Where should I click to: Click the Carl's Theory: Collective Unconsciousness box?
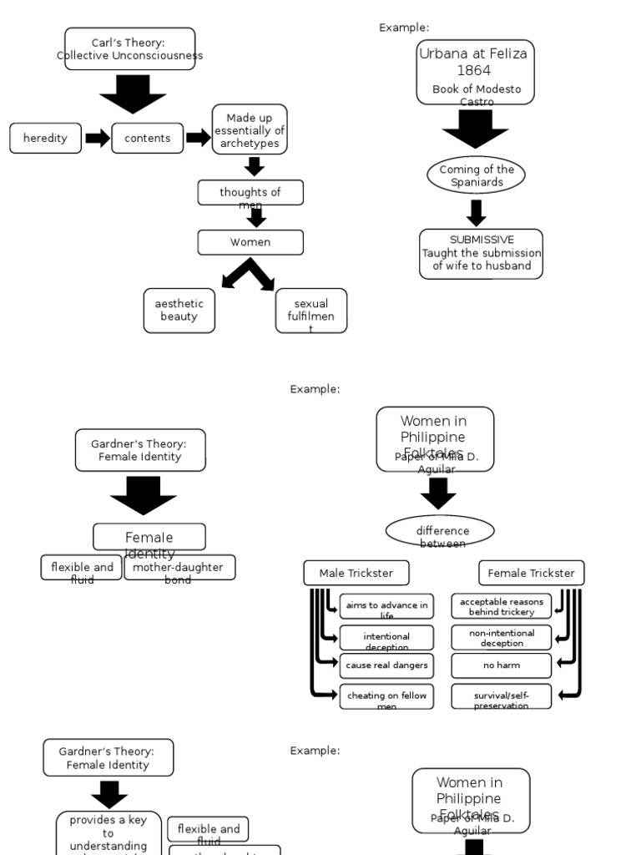pyautogui.click(x=129, y=48)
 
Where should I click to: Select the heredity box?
pyautogui.click(x=45, y=139)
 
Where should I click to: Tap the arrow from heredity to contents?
pyautogui.click(x=97, y=139)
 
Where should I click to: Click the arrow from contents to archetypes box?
pyautogui.click(x=198, y=138)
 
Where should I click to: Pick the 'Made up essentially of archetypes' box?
pyautogui.click(x=250, y=130)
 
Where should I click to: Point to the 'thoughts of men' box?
pyautogui.click(x=250, y=193)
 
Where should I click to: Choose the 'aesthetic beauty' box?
pyautogui.click(x=179, y=311)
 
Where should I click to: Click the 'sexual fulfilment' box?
pyautogui.click(x=310, y=311)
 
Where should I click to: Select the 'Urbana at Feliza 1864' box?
pyautogui.click(x=475, y=73)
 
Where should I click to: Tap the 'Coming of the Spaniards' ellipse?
pyautogui.click(x=477, y=175)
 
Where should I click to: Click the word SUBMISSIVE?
pyautogui.click(x=482, y=240)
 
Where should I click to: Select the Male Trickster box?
pyautogui.click(x=356, y=574)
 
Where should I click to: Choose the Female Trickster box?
pyautogui.click(x=531, y=574)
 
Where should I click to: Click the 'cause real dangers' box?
pyautogui.click(x=386, y=665)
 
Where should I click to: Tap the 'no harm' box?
pyautogui.click(x=501, y=665)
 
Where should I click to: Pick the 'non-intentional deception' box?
pyautogui.click(x=501, y=637)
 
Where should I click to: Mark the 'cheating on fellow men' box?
pyautogui.click(x=386, y=696)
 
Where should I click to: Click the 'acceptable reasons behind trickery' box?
pyautogui.click(x=501, y=606)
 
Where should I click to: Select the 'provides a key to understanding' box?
pyautogui.click(x=109, y=833)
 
